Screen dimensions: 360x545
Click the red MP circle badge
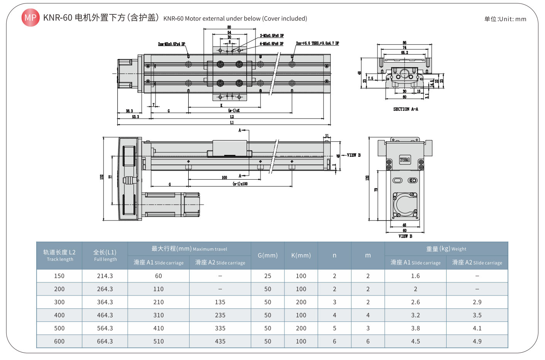(30, 17)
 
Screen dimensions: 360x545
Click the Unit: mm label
(505, 19)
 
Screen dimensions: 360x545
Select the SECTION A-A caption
(405, 109)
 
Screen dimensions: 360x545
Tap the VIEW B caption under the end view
(405, 236)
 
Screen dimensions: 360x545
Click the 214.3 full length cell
(105, 276)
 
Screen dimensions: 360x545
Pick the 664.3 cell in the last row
(105, 341)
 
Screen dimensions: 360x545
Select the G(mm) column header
(267, 255)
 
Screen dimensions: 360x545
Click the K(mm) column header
(301, 255)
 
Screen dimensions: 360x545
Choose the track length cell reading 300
(59, 302)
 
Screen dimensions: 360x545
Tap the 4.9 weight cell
(477, 341)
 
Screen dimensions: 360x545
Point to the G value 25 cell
(267, 276)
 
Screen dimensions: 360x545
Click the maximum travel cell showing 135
(220, 302)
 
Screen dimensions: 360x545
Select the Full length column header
(105, 255)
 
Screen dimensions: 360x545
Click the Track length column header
(59, 255)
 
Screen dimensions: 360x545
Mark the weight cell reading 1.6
(415, 276)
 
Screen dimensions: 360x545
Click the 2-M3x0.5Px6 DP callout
(272, 36)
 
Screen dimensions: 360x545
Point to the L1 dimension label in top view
(232, 122)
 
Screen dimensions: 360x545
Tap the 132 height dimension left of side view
(102, 177)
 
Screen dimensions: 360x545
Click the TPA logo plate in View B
(405, 160)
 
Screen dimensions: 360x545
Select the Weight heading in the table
(446, 249)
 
